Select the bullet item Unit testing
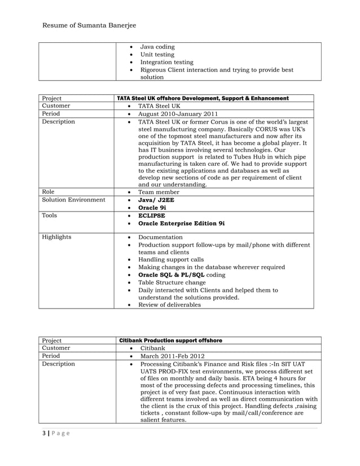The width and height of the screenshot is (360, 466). point(157,55)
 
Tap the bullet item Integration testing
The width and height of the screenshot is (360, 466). point(166,63)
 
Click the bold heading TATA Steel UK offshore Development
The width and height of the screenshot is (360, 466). point(203,98)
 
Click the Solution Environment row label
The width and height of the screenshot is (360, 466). point(73,200)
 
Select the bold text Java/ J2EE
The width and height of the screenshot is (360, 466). point(157,200)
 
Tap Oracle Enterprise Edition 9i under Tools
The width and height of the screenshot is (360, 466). point(181,223)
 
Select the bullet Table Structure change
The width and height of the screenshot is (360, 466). point(172,283)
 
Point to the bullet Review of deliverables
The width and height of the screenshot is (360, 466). point(169,305)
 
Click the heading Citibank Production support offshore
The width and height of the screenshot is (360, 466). point(171,341)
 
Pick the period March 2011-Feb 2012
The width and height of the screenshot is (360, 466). point(173,357)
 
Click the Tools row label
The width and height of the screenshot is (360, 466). point(50,216)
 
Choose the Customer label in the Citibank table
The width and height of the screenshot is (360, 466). point(56,349)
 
